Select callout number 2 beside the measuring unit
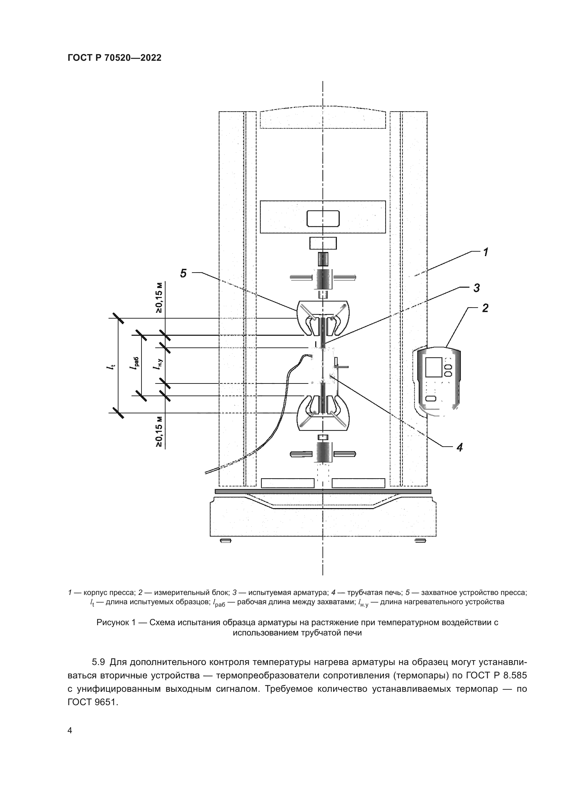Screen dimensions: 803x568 485,308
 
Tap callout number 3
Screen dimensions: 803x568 476,288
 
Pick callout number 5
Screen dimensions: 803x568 183,273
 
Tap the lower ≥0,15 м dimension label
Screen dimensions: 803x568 159,432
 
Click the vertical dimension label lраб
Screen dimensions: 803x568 135,366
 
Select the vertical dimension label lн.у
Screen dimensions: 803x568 158,365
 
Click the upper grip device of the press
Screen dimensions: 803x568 322,317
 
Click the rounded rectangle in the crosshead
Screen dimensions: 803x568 323,219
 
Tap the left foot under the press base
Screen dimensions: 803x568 226,541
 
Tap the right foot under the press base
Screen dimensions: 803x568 420,541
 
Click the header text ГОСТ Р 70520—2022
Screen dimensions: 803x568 114,58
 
